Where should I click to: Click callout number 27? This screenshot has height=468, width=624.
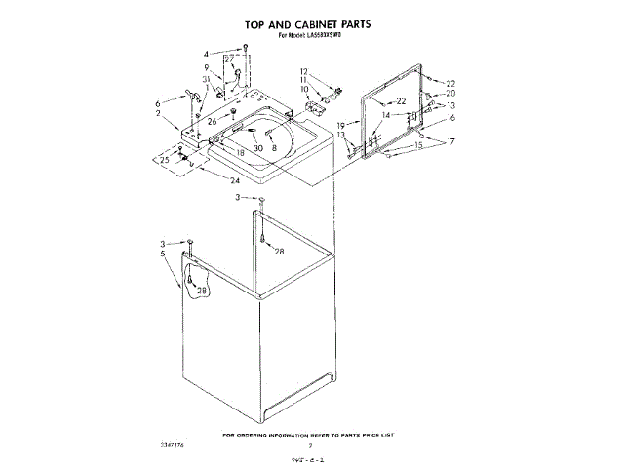click(x=229, y=59)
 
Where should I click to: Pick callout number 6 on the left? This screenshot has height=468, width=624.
click(x=157, y=103)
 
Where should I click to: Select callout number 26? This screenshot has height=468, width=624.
click(x=212, y=122)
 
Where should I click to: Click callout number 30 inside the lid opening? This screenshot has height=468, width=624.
click(x=258, y=147)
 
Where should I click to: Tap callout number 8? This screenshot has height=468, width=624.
click(x=275, y=147)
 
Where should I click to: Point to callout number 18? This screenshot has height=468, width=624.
click(x=240, y=153)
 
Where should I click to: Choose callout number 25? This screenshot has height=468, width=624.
click(x=165, y=160)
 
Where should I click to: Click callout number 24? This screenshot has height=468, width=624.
click(x=234, y=180)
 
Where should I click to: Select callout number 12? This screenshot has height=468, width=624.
click(x=303, y=71)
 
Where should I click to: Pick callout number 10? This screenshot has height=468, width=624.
click(x=303, y=90)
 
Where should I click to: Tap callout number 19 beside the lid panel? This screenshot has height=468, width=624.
click(x=341, y=126)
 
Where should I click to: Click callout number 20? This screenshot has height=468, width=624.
click(x=450, y=94)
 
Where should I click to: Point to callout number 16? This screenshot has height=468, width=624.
click(x=450, y=117)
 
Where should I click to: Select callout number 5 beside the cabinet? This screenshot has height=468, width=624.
click(x=162, y=253)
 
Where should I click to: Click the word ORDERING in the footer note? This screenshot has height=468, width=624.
click(x=280, y=434)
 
